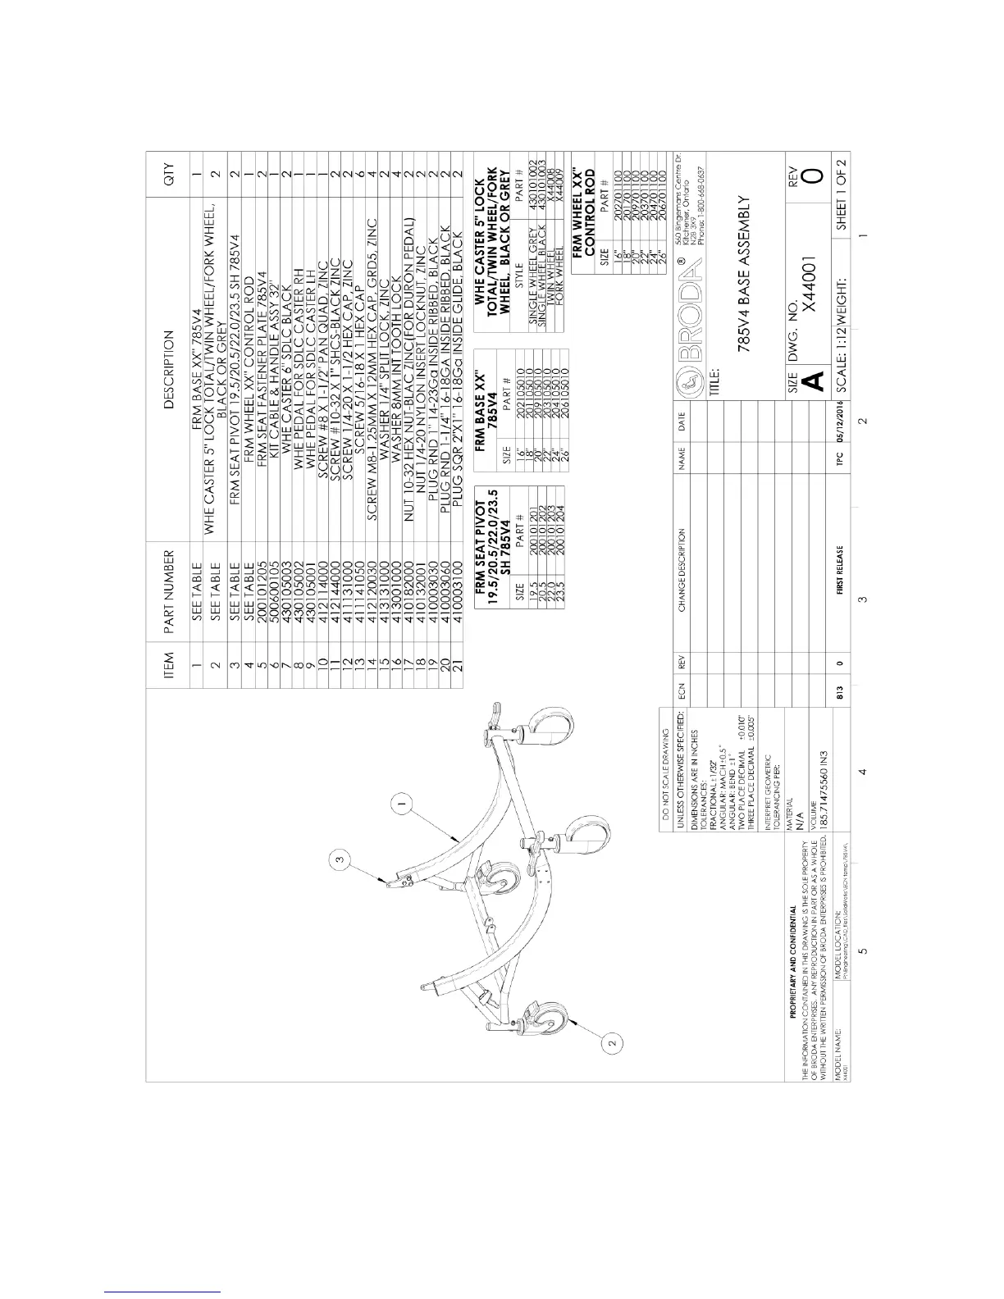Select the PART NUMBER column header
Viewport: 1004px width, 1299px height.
pyautogui.click(x=169, y=591)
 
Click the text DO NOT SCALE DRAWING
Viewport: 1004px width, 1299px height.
pyautogui.click(x=667, y=758)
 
